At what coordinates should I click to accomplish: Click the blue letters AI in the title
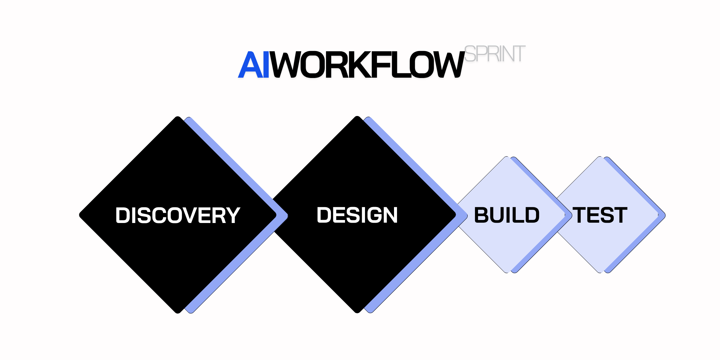(x=253, y=65)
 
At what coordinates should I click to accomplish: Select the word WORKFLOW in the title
(x=367, y=65)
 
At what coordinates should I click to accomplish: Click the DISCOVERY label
(x=178, y=215)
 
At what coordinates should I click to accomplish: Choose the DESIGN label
(x=357, y=215)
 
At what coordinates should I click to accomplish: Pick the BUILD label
(x=507, y=215)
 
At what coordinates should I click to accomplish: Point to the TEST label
(x=600, y=215)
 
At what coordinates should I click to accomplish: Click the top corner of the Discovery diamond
(x=178, y=117)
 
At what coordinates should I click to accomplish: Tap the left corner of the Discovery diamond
(x=80, y=215)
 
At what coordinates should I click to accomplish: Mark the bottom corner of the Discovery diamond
(x=178, y=312)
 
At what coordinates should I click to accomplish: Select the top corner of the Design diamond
(x=357, y=117)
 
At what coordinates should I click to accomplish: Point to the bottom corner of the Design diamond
(x=357, y=312)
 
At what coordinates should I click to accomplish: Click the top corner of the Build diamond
(x=507, y=157)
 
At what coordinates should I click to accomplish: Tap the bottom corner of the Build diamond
(x=507, y=272)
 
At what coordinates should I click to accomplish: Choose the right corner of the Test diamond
(x=664, y=215)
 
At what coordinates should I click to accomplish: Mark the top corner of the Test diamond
(x=600, y=157)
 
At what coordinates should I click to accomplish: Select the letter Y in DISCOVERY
(x=232, y=215)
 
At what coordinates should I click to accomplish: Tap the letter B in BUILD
(x=481, y=215)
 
